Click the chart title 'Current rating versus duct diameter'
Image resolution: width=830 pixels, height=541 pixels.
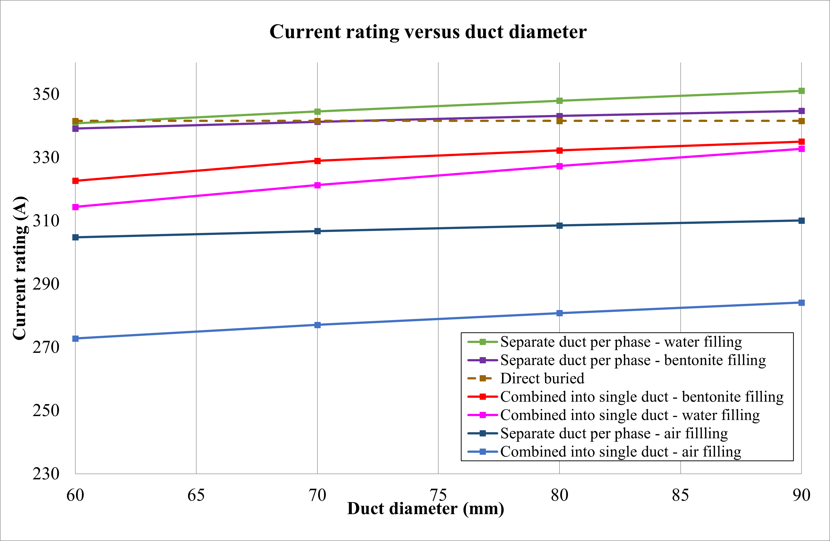[428, 32]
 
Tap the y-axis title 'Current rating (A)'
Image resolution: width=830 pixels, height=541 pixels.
[20, 268]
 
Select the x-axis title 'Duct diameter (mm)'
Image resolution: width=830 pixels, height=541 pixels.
[425, 509]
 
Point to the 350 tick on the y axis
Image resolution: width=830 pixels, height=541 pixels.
[46, 94]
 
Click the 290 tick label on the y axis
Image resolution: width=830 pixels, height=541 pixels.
[46, 284]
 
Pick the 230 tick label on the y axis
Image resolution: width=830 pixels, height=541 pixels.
[46, 474]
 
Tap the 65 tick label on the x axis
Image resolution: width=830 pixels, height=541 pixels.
[196, 495]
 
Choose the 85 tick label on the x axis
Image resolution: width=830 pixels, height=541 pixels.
[680, 495]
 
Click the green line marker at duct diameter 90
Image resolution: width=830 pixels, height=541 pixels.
[802, 91]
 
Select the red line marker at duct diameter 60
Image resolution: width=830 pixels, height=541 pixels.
[75, 181]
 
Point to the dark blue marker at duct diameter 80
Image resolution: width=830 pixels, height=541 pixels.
[559, 226]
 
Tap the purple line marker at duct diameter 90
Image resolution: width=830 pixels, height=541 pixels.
[802, 111]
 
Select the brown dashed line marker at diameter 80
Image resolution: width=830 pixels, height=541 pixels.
[559, 121]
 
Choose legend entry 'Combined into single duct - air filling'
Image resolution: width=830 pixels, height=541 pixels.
[620, 452]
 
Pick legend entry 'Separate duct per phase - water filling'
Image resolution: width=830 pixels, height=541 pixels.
[621, 342]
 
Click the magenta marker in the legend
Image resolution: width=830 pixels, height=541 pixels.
[483, 415]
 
